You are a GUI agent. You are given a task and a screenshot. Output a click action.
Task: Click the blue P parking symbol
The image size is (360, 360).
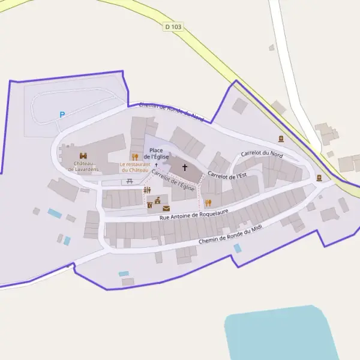[62, 115]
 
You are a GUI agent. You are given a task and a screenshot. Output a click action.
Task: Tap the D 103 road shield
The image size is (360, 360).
[173, 27]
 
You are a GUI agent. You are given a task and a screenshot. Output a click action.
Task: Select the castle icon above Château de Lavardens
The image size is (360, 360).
[83, 155]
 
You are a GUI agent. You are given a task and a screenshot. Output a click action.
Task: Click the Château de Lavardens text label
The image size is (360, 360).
[83, 166]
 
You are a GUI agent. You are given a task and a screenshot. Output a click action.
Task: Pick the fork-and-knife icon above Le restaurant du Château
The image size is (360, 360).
[134, 157]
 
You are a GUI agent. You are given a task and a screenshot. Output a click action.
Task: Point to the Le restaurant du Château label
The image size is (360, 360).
[134, 167]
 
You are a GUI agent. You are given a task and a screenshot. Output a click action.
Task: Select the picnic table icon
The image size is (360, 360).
[130, 181]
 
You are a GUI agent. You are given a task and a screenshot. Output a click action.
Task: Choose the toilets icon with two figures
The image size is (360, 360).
[147, 190]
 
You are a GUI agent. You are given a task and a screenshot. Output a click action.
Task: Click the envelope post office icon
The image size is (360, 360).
[166, 208]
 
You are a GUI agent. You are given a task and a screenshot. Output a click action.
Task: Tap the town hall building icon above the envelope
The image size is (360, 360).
[158, 200]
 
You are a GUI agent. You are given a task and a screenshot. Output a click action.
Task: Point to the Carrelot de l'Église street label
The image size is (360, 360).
[173, 181]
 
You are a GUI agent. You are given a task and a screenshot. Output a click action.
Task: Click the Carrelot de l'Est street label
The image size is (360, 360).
[227, 175]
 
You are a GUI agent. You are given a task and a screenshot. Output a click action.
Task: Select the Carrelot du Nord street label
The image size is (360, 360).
[262, 154]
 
